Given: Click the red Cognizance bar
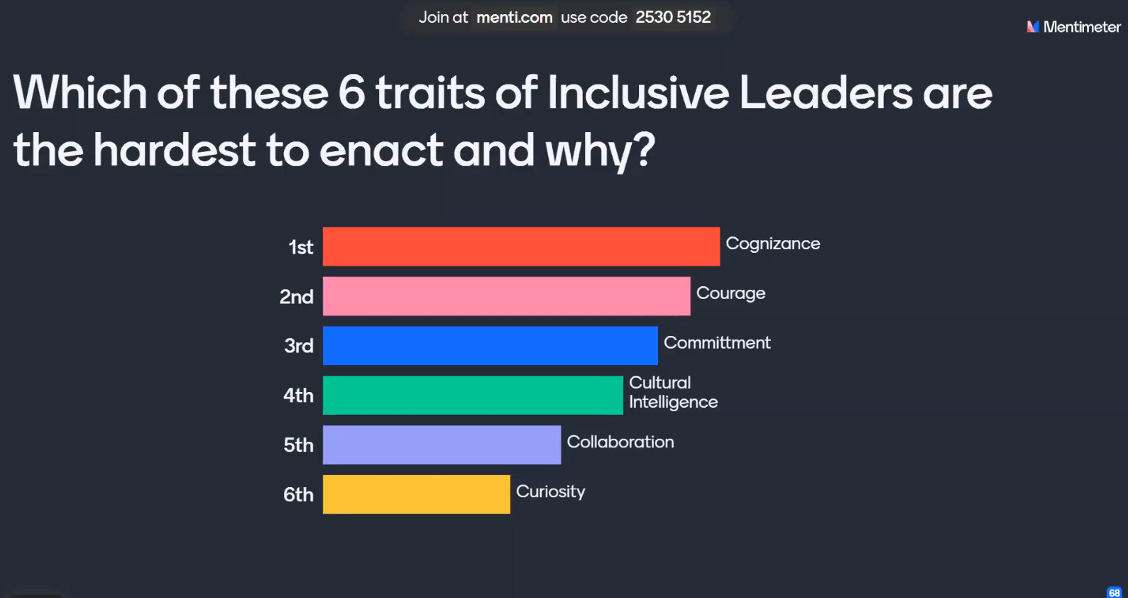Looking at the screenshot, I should (521, 246).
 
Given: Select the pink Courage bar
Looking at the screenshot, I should (506, 296).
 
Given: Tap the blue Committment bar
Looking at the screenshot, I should (490, 346).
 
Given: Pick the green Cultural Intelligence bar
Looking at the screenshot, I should (473, 396).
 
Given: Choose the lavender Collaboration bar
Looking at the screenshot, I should (442, 445).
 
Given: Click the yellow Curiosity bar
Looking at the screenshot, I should (416, 494).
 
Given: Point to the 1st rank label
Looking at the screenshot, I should (300, 247).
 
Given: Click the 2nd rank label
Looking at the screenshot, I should (296, 297).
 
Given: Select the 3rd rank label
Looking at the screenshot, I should (298, 346).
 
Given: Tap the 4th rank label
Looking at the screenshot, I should (298, 396).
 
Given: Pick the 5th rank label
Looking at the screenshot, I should (298, 445).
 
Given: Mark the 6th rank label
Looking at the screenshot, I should (298, 494).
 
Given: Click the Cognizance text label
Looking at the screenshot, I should (772, 244).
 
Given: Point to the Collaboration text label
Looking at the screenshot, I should (620, 442).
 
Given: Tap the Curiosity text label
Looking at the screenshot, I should (550, 491).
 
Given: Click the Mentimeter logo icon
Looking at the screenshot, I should (1033, 27).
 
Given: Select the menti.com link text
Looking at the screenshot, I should (514, 17).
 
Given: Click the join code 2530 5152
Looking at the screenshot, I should (673, 17).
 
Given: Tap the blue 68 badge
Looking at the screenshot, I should (1114, 592).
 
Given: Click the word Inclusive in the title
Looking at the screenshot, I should (638, 93).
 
